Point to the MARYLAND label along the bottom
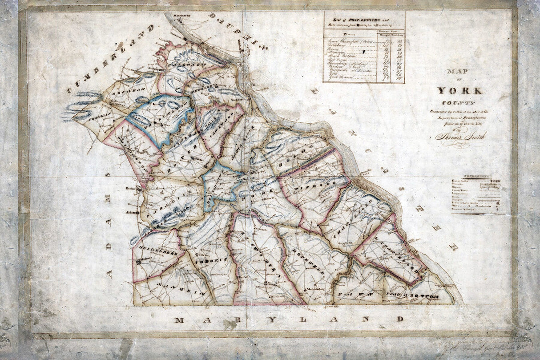289,320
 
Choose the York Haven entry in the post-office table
340,77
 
